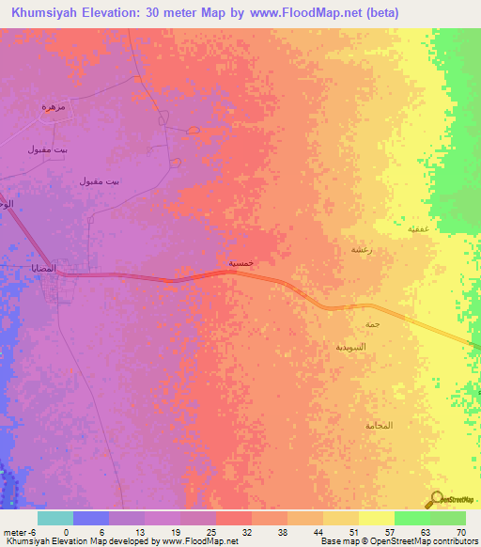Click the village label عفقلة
coord(419,228)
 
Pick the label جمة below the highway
coord(372,324)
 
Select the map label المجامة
coord(379,426)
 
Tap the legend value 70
coord(460,531)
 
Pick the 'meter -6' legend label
coord(19,531)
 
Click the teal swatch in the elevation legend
coord(55,518)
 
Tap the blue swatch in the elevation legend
coord(91,518)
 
